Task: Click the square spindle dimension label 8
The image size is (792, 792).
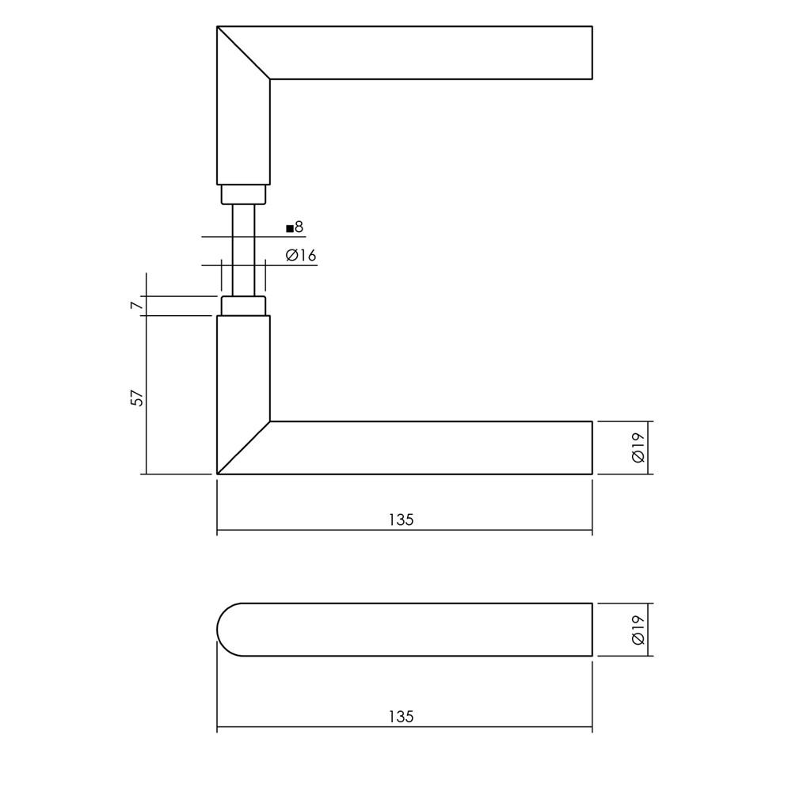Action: pos(299,228)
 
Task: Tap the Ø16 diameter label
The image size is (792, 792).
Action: pos(301,255)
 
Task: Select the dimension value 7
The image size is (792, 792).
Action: pos(136,305)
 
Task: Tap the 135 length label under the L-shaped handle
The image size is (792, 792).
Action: pos(402,520)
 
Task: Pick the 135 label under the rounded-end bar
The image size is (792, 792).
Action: pos(402,717)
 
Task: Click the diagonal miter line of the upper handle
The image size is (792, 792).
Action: pos(244,53)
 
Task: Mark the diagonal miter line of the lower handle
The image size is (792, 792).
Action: pos(244,447)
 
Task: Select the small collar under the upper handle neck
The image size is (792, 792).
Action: pos(243,194)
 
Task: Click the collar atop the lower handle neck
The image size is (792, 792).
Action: pos(243,307)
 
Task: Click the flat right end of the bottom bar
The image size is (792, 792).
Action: pos(592,630)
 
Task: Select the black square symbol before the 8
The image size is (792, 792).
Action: pos(290,229)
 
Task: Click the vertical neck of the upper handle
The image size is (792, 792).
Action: pos(243,135)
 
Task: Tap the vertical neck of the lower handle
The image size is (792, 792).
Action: pos(243,364)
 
